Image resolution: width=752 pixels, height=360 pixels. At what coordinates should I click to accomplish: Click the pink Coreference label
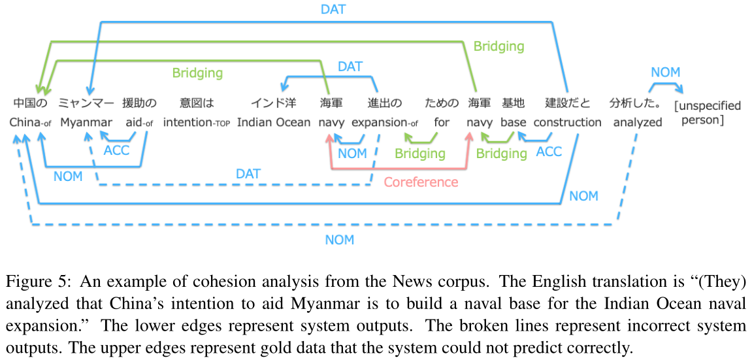pos(421,182)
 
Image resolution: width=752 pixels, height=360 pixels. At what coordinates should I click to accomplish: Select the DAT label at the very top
pos(333,9)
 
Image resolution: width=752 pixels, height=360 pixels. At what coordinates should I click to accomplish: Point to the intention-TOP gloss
pos(197,122)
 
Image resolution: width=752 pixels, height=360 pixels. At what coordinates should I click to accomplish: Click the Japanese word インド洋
pos(273,103)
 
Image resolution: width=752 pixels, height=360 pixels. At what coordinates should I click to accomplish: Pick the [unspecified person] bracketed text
pos(708,112)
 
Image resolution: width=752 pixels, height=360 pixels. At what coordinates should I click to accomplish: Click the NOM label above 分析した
pos(665,73)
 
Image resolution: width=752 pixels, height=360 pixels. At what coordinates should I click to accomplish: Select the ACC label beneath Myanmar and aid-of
pos(116,151)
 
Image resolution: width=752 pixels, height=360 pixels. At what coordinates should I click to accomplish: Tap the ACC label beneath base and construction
pos(548,152)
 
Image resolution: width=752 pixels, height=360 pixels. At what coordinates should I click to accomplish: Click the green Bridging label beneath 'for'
pos(419,154)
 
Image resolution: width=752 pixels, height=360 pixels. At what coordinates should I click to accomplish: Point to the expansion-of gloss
pos(385,122)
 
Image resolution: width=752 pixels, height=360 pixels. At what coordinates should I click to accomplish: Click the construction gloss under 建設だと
pos(567,122)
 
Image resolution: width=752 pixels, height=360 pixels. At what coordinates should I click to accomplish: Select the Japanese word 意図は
pos(197,103)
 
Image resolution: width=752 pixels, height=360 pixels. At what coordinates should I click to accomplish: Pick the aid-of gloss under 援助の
pos(139,122)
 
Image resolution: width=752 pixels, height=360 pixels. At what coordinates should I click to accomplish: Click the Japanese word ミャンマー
pos(86,103)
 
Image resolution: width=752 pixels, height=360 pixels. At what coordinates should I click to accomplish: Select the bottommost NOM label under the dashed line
pos(340,240)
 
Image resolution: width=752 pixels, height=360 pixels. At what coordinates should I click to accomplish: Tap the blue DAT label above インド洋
pos(350,67)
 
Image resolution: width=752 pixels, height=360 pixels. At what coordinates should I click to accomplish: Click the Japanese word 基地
pos(513,103)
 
